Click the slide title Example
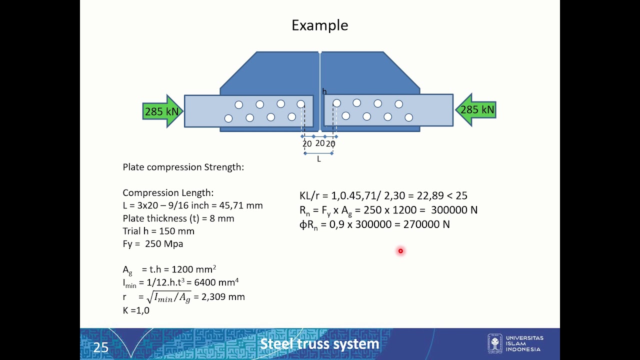(319, 25)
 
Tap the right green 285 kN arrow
(476, 110)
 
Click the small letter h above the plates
(324, 91)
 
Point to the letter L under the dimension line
(318, 159)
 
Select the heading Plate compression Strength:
(183, 167)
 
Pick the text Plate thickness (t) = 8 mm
(178, 218)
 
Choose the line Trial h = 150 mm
(158, 231)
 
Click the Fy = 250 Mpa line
(152, 244)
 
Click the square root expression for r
(168, 297)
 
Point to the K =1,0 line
(135, 310)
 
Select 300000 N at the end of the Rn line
(453, 210)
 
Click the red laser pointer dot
(400, 251)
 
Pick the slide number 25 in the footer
(100, 347)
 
